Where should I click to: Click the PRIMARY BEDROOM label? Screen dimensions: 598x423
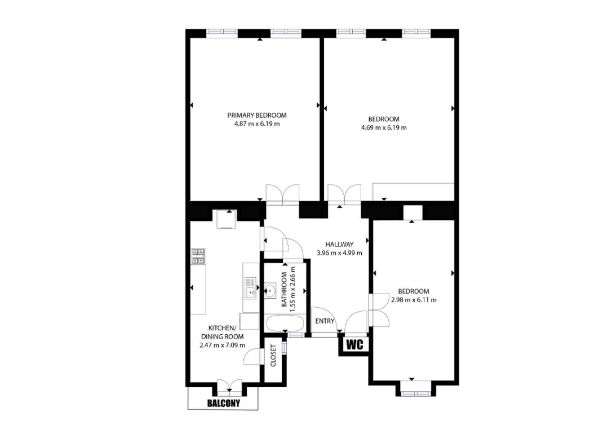[x=257, y=115]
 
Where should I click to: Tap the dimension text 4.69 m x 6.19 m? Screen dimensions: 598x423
[x=384, y=128]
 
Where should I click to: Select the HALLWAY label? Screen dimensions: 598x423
[x=339, y=245]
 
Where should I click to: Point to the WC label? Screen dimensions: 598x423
[x=355, y=345]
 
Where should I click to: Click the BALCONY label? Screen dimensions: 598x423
[x=224, y=403]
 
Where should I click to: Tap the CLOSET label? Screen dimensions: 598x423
[x=273, y=356]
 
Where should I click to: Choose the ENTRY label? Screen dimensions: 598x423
[x=324, y=321]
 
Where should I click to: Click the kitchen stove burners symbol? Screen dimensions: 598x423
[x=199, y=256]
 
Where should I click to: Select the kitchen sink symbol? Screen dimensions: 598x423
[x=251, y=288]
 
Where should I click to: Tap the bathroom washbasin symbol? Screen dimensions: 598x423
[x=270, y=290]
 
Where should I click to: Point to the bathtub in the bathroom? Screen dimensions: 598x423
[x=285, y=323]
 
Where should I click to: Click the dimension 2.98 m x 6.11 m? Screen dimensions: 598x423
[x=414, y=300]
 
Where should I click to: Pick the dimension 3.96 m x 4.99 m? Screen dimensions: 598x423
[x=339, y=253]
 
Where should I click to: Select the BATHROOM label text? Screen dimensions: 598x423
[x=284, y=289]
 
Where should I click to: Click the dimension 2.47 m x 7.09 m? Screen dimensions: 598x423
[x=222, y=345]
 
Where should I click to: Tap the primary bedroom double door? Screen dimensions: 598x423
[x=283, y=194]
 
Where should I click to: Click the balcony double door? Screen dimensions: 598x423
[x=229, y=387]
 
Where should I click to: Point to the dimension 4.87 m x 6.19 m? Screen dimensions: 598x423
[x=257, y=124]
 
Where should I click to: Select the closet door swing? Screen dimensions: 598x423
[x=252, y=357]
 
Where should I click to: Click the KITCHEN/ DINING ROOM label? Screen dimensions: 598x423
[x=222, y=332]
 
